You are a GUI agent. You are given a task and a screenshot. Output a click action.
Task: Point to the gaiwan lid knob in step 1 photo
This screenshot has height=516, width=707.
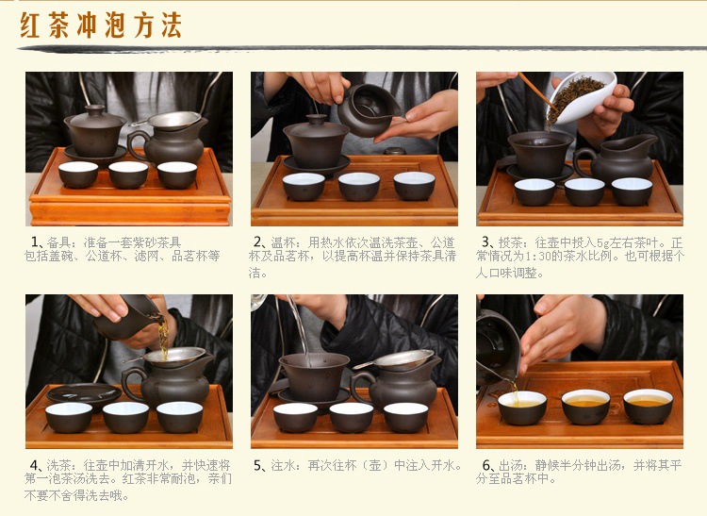93,109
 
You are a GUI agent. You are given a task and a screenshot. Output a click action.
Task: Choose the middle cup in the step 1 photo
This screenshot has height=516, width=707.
128,174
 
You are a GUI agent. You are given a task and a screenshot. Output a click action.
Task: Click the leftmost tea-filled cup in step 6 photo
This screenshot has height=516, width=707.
522,407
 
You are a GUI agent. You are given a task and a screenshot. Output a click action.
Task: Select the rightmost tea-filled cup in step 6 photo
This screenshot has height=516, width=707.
649,406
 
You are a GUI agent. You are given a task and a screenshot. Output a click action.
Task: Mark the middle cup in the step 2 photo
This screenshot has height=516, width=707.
358,185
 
